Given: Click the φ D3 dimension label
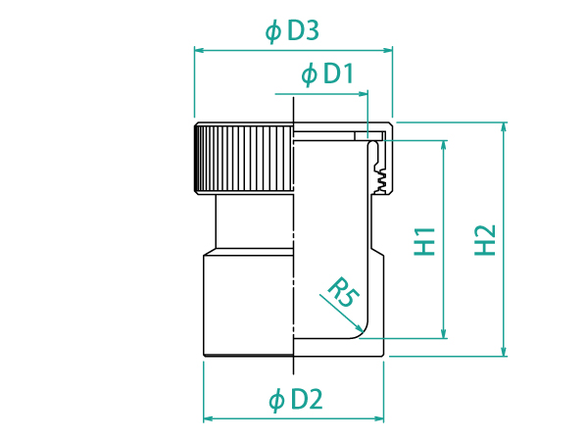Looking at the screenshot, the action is [x=292, y=31].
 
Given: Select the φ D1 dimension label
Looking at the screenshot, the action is [x=327, y=73].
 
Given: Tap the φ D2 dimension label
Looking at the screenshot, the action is [x=295, y=400].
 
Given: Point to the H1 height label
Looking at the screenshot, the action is [x=425, y=241].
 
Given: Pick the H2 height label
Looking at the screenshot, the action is [x=485, y=240].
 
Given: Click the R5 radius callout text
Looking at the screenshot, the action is [x=343, y=292].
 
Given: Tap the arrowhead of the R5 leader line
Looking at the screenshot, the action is [x=359, y=328].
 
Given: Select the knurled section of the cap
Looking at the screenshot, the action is [x=244, y=159].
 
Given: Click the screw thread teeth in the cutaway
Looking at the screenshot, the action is [x=380, y=178].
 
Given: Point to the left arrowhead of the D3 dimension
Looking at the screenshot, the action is [x=199, y=50].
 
